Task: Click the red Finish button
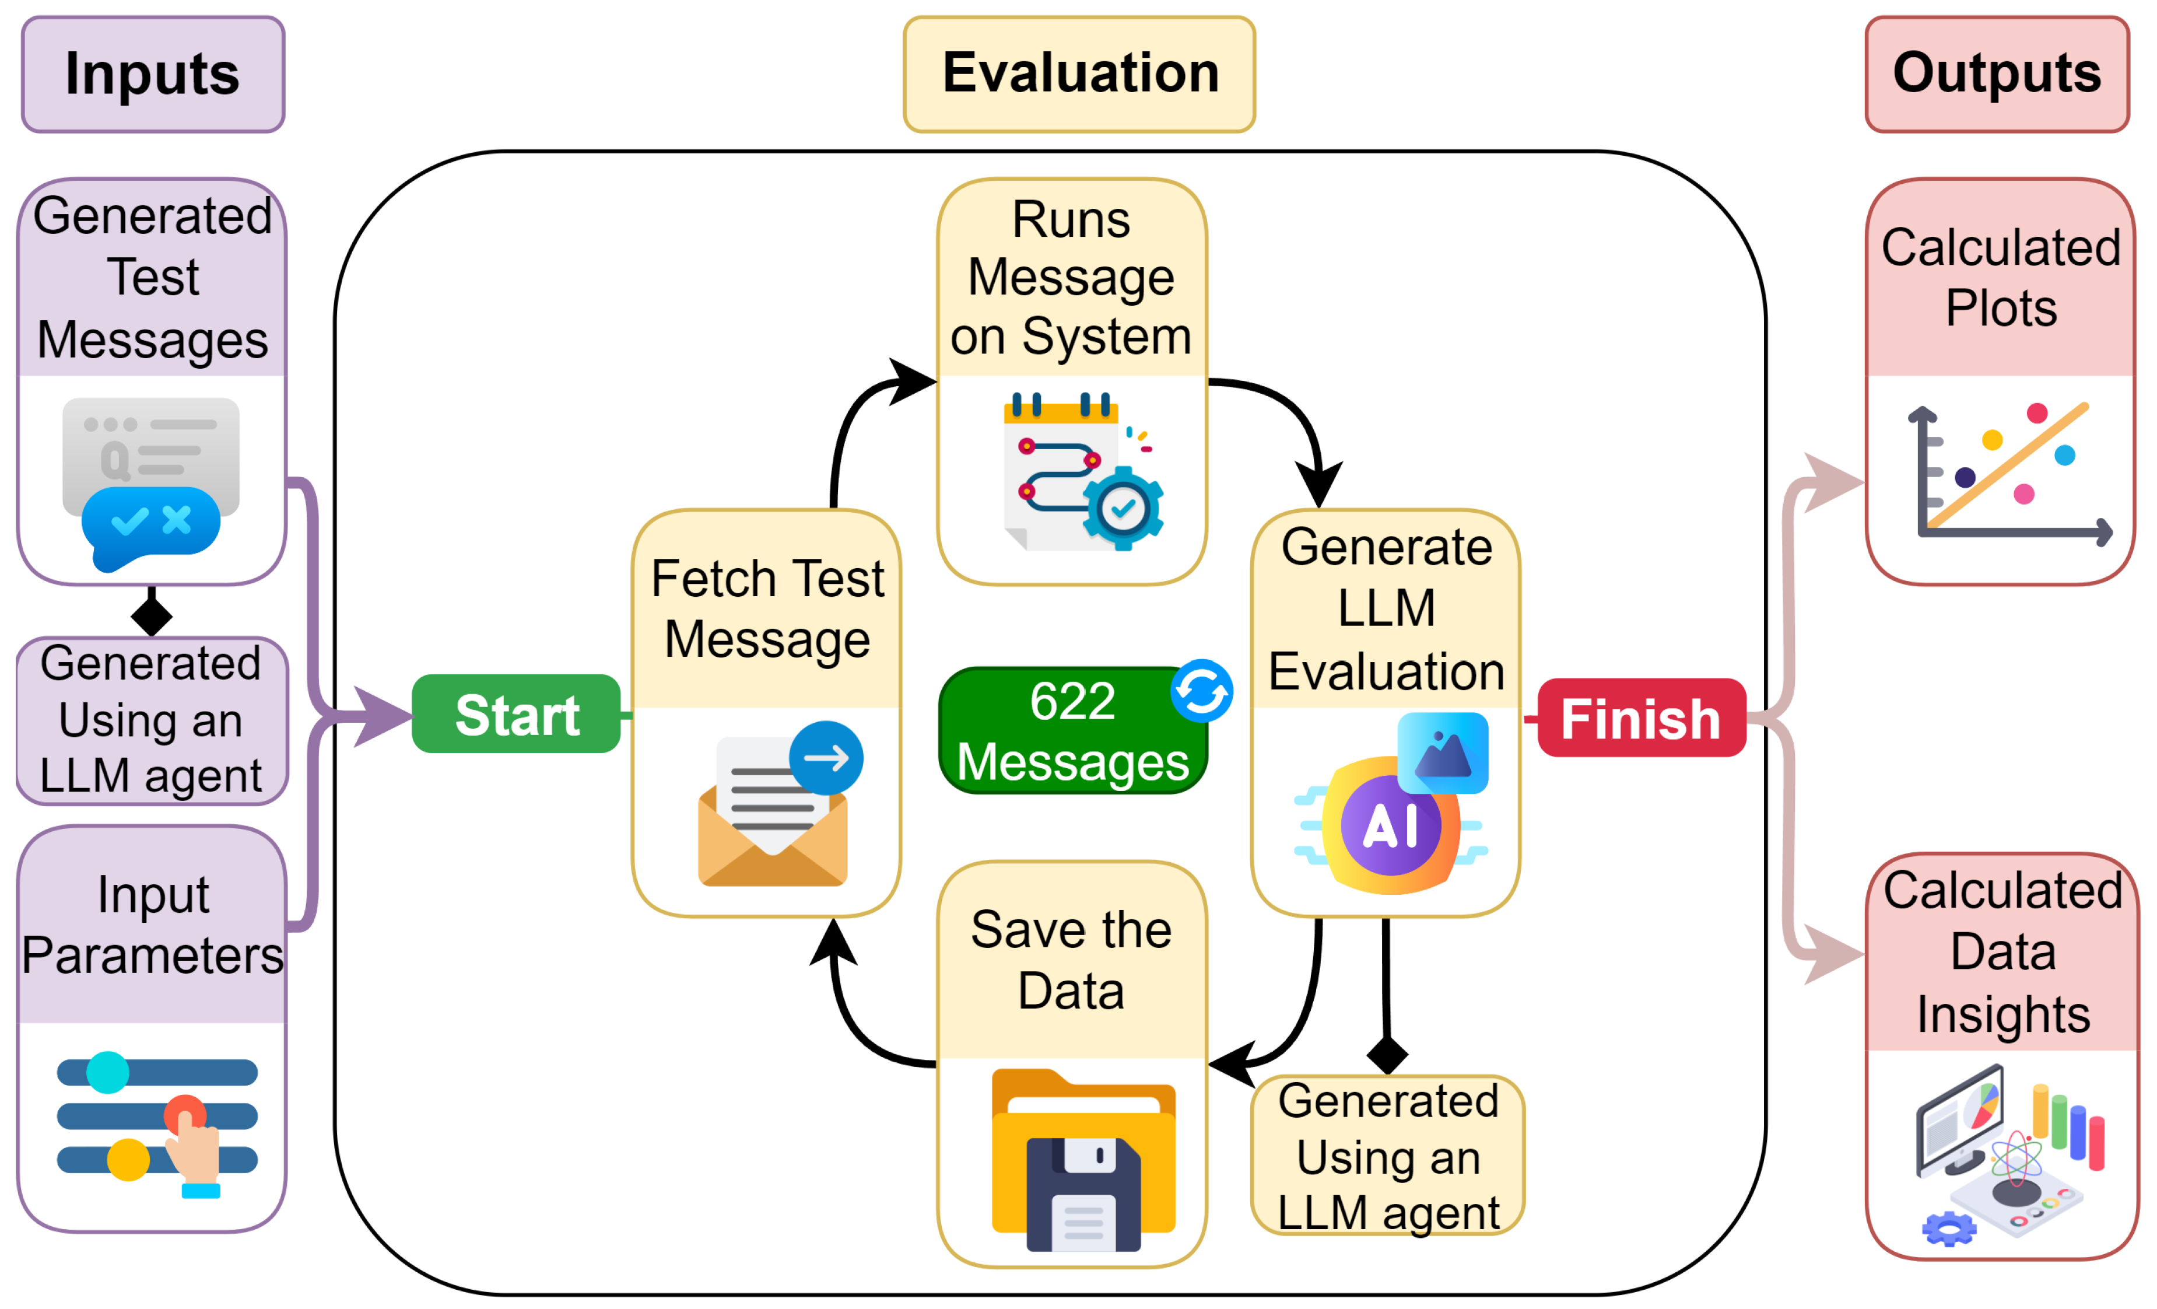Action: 1642,718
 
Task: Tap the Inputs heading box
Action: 153,75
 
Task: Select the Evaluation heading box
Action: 1079,75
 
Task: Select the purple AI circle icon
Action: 1390,825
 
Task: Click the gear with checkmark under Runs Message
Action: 1123,508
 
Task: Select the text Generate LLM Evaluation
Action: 1387,608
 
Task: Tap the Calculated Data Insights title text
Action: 2003,952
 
